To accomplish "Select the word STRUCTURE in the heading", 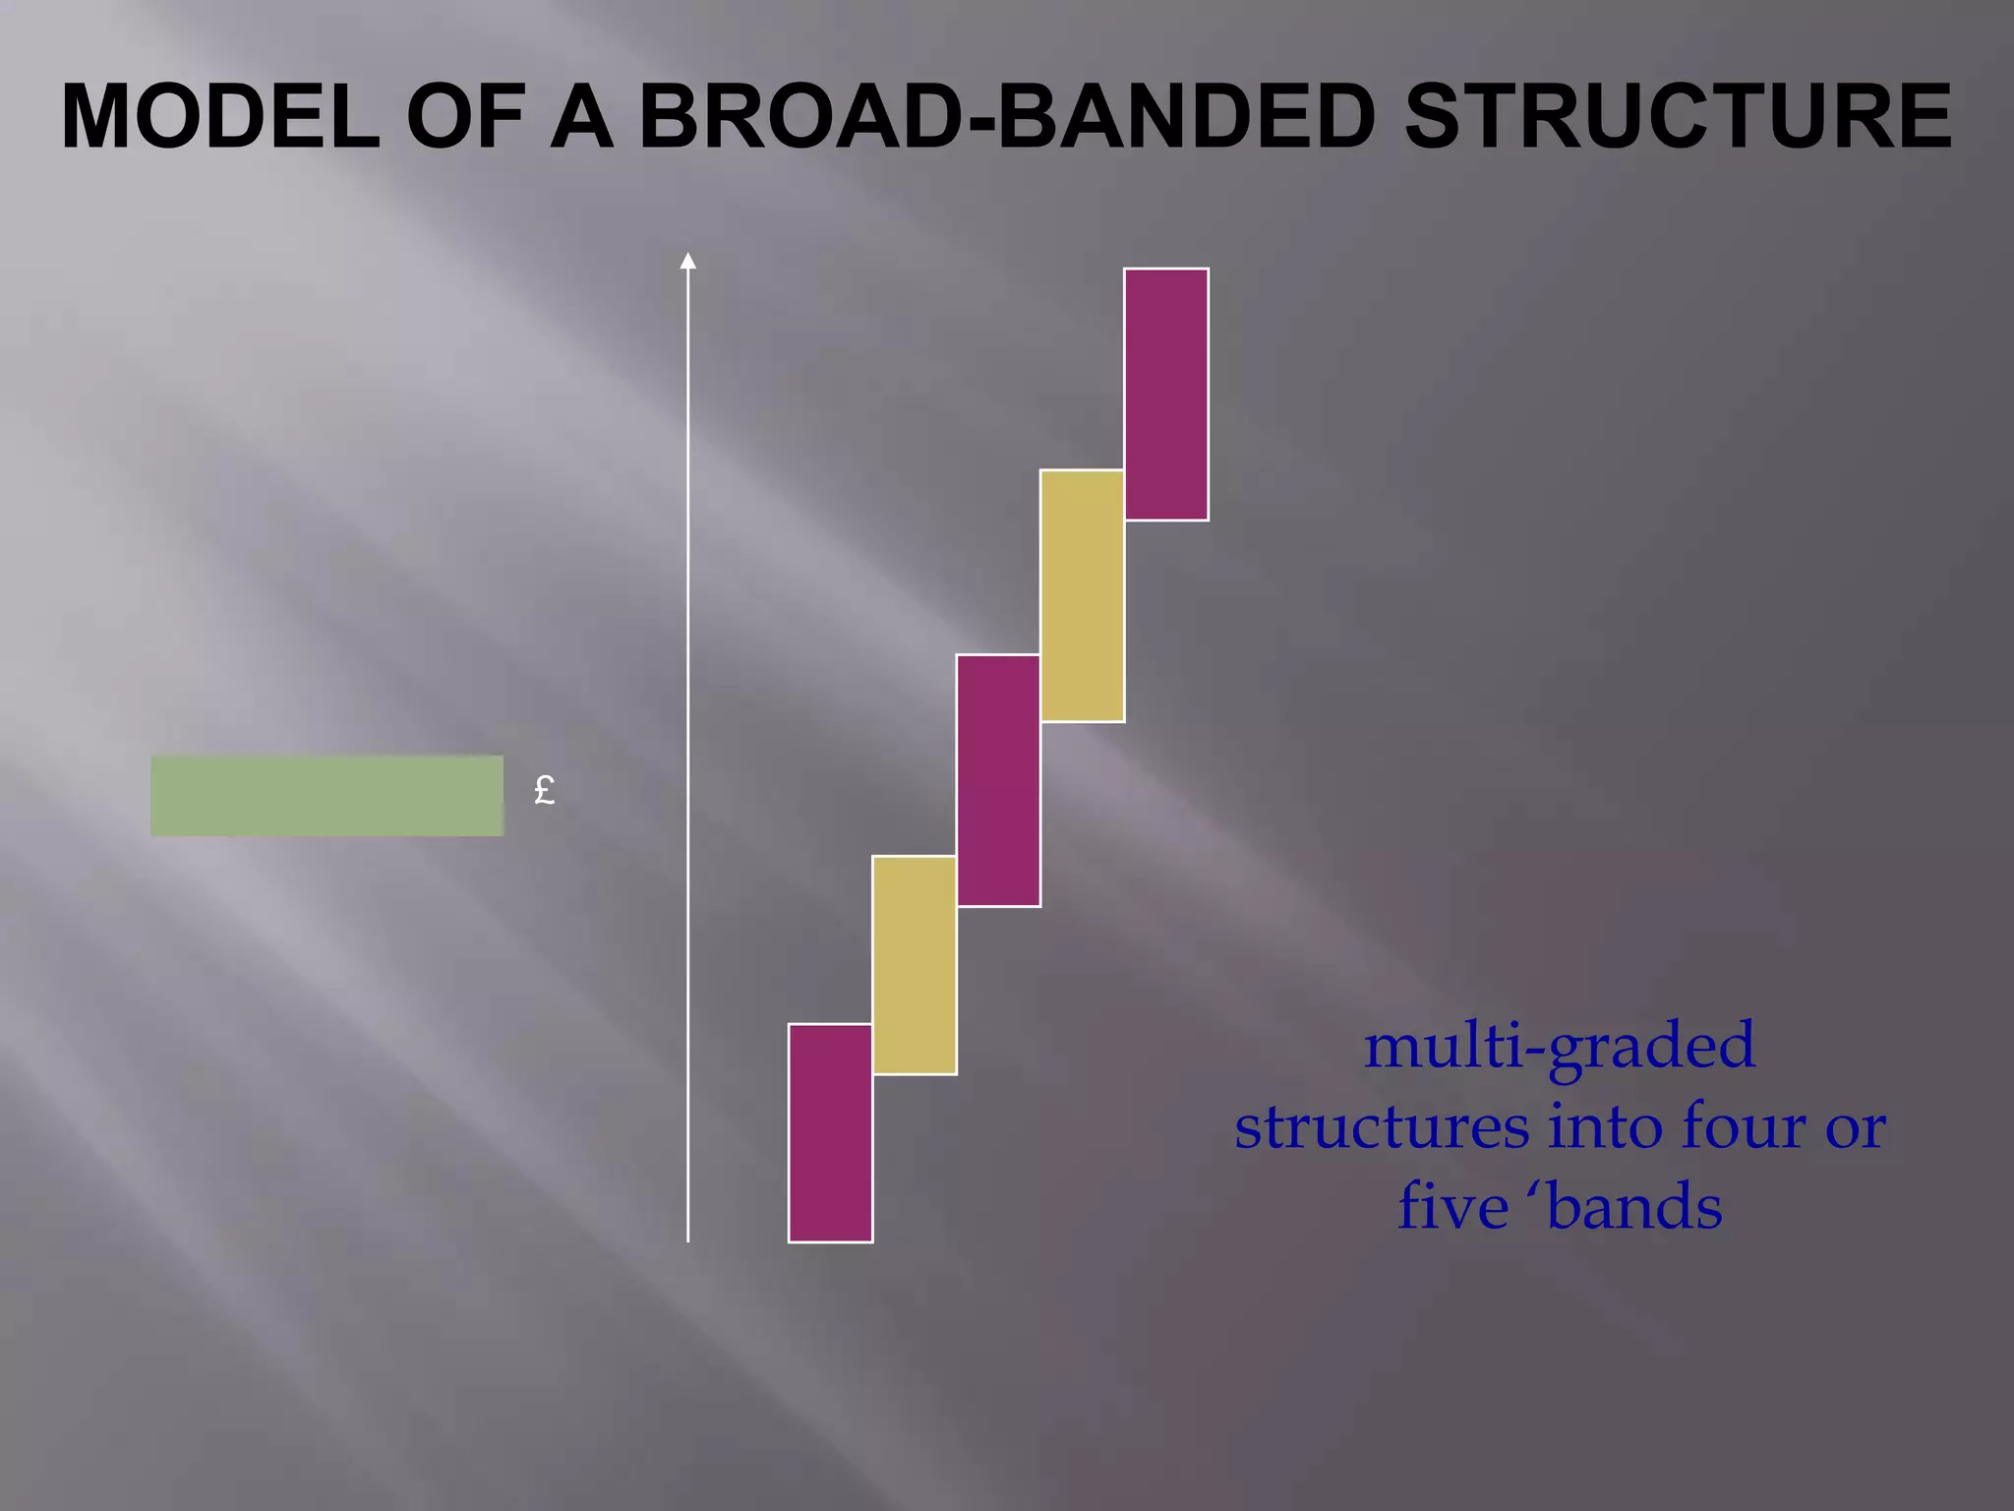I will pyautogui.click(x=1679, y=116).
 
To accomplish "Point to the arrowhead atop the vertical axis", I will pyautogui.click(x=688, y=261).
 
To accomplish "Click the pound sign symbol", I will pyautogui.click(x=544, y=790).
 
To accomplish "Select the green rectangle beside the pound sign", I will pyautogui.click(x=326, y=796).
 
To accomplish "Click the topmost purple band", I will pyautogui.click(x=1166, y=393).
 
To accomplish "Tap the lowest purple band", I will pyautogui.click(x=830, y=1133).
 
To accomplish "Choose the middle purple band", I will pyautogui.click(x=998, y=780).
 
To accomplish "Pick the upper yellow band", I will pyautogui.click(x=1082, y=596).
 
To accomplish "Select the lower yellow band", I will pyautogui.click(x=915, y=965).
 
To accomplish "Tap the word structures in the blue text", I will pyautogui.click(x=1381, y=1126).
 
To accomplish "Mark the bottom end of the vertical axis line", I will pyautogui.click(x=688, y=1239).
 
